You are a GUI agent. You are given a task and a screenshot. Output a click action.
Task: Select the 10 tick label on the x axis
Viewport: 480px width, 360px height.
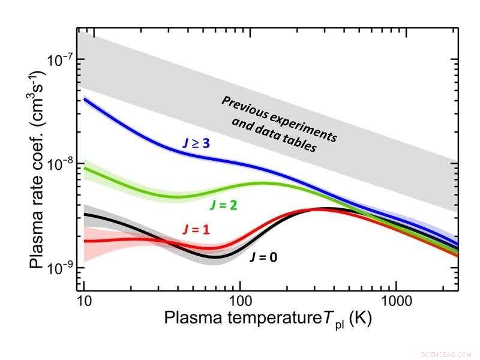click(84, 300)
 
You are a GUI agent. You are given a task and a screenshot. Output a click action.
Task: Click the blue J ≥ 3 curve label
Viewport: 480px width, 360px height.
click(200, 144)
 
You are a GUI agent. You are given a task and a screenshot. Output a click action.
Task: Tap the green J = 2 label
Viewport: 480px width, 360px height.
click(223, 205)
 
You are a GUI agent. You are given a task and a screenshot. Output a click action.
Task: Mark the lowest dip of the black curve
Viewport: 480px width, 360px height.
click(218, 257)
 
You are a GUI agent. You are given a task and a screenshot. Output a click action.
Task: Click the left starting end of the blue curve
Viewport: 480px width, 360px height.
click(85, 99)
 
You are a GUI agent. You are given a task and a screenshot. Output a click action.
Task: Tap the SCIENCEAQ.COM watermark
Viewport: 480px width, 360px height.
click(446, 355)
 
